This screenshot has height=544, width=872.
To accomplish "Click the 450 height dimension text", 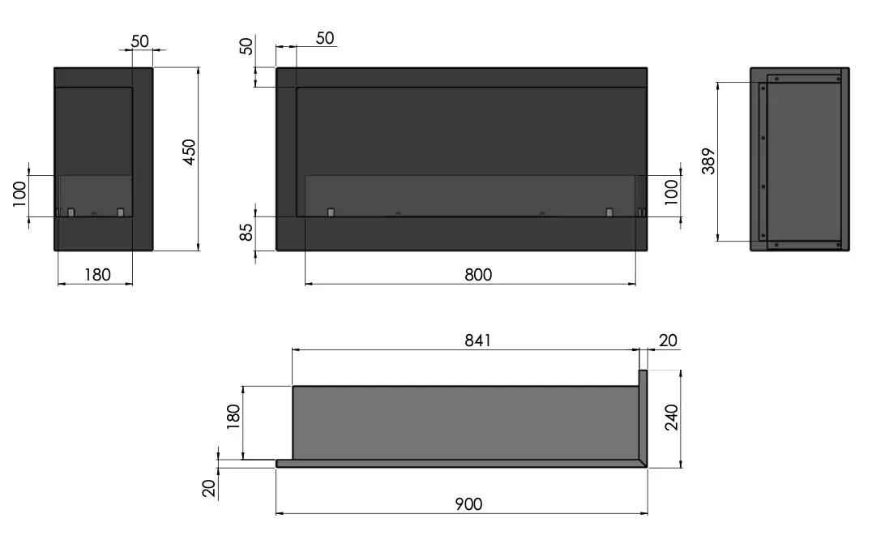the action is (189, 152).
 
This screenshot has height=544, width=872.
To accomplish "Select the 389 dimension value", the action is (708, 161).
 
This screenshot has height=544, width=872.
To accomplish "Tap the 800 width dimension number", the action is (478, 275).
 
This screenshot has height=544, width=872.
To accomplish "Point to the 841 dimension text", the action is (477, 341).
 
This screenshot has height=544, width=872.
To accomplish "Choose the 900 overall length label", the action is (468, 504).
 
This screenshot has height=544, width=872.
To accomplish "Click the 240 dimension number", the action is (672, 418).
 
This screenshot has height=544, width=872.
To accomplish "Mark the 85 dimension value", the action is (246, 232).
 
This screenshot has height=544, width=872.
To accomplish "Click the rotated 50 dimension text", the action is (246, 45).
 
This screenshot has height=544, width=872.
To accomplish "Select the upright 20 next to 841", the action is (668, 341).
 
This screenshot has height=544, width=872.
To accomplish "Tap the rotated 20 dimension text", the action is (208, 488).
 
